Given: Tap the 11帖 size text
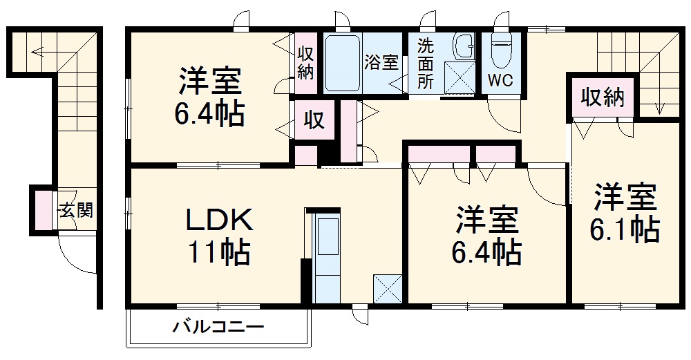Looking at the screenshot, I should click(x=220, y=254).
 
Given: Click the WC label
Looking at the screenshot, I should click(x=500, y=80).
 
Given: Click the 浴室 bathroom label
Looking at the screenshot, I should click(x=381, y=61).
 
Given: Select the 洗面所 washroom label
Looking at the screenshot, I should click(x=425, y=64).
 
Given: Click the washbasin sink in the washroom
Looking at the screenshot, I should click(x=462, y=47).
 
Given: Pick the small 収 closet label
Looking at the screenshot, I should click(x=314, y=121).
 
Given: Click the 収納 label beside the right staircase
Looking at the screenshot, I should click(x=602, y=98).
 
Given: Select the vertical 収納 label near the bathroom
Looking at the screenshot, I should click(x=305, y=62).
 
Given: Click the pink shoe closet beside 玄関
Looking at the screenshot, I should click(x=44, y=210).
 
